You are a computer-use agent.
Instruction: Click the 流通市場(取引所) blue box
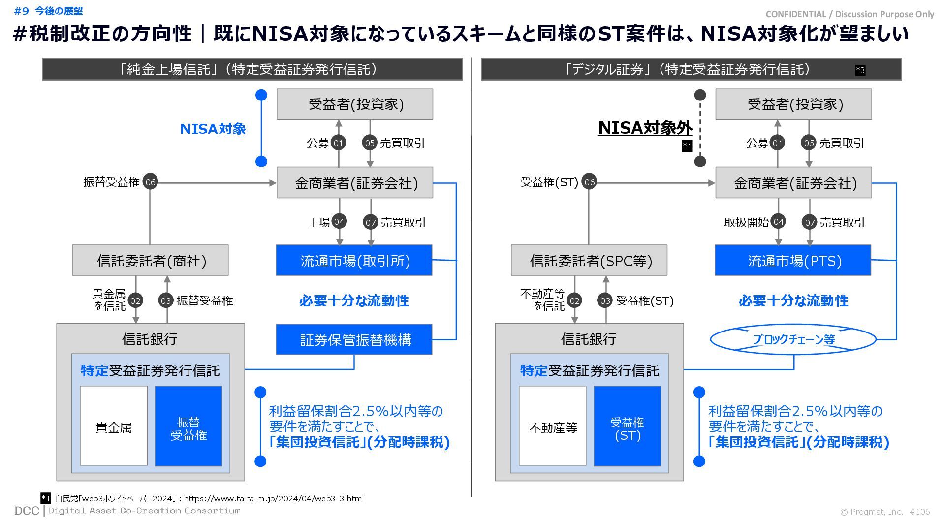point(354,260)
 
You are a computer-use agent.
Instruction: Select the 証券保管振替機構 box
point(354,339)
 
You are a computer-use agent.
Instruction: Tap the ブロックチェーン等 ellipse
point(793,339)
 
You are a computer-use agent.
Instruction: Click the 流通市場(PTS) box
point(792,260)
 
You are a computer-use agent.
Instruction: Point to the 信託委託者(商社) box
point(150,260)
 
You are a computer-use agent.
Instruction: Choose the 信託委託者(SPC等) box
point(589,260)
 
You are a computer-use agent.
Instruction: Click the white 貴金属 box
point(114,426)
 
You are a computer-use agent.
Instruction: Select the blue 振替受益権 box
point(189,426)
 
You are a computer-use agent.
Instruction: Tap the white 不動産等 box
point(552,426)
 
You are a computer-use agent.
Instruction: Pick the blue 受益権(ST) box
point(627,426)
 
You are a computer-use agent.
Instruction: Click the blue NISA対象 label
point(213,129)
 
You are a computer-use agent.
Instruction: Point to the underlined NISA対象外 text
point(645,128)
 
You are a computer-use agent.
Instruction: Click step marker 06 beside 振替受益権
point(150,182)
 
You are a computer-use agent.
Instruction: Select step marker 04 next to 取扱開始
point(778,222)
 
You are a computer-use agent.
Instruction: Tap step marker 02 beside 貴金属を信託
point(135,300)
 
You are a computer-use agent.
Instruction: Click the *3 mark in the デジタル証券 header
point(860,70)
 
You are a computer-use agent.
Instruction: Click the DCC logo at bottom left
point(27,511)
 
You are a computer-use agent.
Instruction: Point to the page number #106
point(919,512)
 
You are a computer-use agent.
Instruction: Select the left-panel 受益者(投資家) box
point(354,104)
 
